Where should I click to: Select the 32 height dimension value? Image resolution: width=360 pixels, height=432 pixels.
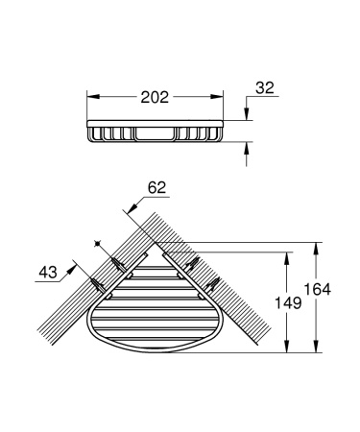(265, 88)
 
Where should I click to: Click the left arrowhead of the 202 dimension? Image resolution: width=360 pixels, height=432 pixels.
(93, 97)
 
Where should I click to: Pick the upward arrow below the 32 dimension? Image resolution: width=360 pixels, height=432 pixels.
(248, 145)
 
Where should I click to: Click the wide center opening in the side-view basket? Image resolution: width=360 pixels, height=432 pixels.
(156, 132)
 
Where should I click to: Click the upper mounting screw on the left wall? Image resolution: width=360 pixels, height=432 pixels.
(116, 262)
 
